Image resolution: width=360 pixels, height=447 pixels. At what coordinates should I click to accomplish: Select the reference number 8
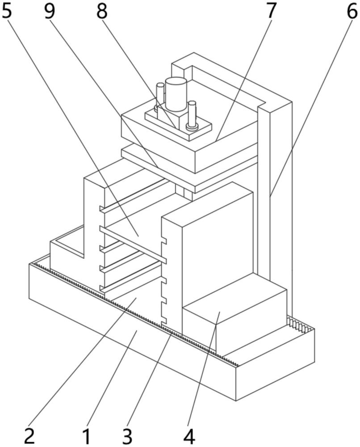click(x=102, y=11)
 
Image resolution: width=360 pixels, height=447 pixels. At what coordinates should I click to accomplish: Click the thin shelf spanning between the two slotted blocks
click(x=134, y=244)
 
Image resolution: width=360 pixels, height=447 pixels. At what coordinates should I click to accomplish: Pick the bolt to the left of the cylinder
click(x=160, y=96)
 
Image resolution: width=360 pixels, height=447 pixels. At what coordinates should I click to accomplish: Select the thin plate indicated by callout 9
click(x=188, y=172)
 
